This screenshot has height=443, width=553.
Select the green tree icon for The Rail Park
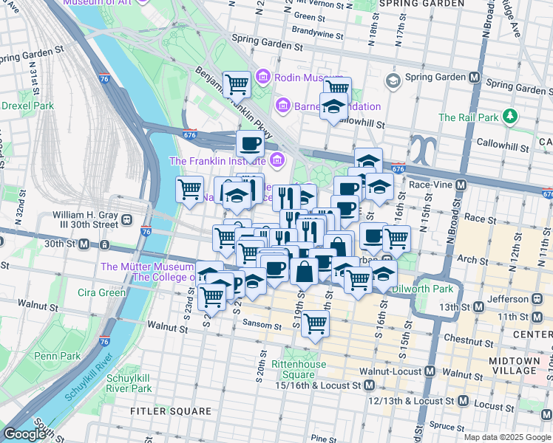[509, 117]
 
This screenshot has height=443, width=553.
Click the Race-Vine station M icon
[461, 185]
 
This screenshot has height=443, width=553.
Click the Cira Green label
[101, 292]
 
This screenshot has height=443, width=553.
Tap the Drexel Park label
[27, 106]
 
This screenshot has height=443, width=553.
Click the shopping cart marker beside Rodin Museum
[237, 85]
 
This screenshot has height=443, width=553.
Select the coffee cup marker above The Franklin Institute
[250, 142]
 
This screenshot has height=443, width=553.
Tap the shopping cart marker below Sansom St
[316, 323]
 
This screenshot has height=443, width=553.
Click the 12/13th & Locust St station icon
[463, 400]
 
